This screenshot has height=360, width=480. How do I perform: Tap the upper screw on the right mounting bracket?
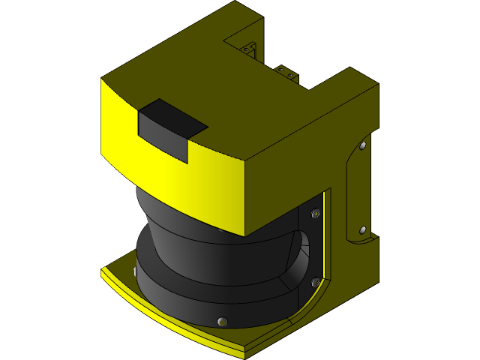(363, 145)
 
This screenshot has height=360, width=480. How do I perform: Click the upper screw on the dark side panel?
(316, 214)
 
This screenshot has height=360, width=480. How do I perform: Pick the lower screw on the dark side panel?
(315, 282)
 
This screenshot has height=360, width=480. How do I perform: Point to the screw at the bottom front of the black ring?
(221, 321)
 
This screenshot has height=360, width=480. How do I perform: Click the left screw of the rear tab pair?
(280, 69)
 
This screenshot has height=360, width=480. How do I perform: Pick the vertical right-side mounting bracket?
(356, 187)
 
